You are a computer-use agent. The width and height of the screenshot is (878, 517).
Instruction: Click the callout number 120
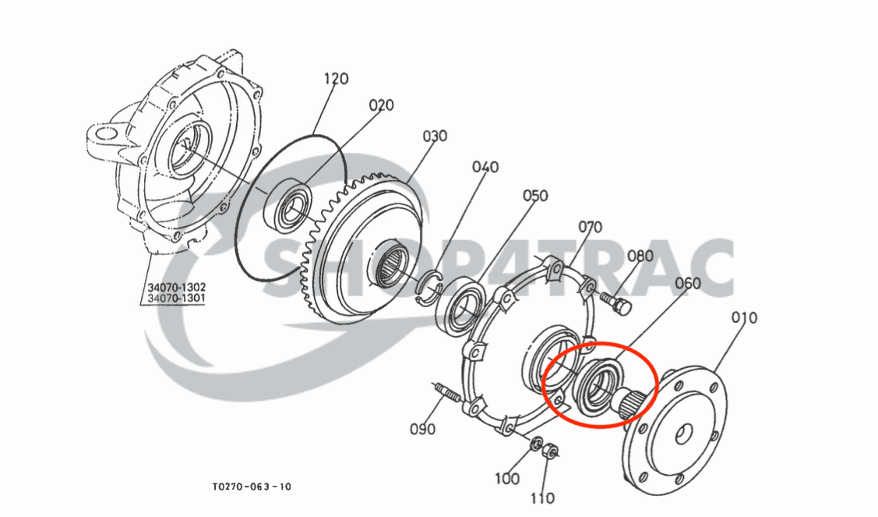point(336,79)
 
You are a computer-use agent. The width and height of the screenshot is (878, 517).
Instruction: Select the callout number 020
point(381,105)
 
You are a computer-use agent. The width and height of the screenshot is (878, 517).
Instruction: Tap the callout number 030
point(435,136)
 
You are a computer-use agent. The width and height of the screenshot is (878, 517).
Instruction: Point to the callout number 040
point(485,167)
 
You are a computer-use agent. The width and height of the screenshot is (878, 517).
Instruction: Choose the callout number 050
point(535,196)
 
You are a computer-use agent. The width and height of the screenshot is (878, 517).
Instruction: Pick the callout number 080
point(640,256)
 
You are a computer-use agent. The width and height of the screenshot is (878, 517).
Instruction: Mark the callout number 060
point(687,283)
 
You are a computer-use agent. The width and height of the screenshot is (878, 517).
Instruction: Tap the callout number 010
point(744,318)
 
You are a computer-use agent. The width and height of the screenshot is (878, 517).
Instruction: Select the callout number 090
point(422,429)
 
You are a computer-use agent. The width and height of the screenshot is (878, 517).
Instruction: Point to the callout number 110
point(543,498)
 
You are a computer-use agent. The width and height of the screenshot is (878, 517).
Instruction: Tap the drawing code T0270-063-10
point(252,487)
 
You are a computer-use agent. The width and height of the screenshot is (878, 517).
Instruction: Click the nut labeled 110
point(548,450)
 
